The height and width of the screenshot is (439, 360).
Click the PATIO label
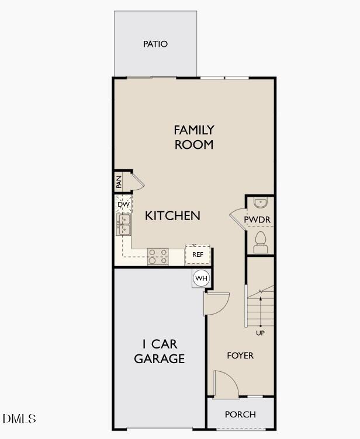(x=155, y=44)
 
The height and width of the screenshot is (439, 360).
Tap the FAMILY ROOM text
(x=193, y=137)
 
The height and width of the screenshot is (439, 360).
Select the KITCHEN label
(x=172, y=215)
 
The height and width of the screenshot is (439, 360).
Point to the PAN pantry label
(x=119, y=182)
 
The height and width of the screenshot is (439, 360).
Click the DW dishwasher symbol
(x=123, y=204)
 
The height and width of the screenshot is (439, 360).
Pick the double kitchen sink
(x=123, y=224)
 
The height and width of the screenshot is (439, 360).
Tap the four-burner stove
(x=157, y=256)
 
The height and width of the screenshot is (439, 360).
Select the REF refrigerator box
(x=198, y=255)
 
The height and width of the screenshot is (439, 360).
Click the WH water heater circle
(x=201, y=278)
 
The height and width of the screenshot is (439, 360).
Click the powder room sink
(x=261, y=203)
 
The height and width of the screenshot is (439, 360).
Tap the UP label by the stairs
(x=260, y=333)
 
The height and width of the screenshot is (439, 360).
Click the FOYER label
(x=240, y=355)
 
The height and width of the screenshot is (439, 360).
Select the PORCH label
(x=240, y=414)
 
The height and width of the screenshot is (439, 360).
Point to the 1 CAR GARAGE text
(x=160, y=351)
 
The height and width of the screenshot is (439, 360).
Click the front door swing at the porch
(x=226, y=384)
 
